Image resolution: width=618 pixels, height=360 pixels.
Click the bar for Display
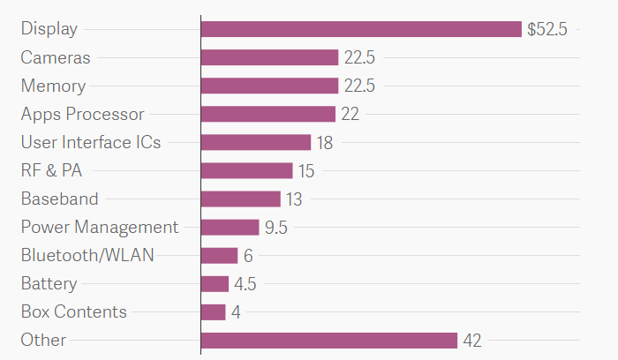click(x=361, y=29)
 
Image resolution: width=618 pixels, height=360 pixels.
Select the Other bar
click(x=328, y=341)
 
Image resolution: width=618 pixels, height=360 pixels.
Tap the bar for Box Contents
click(x=213, y=312)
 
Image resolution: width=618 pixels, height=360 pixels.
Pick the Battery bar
click(x=215, y=284)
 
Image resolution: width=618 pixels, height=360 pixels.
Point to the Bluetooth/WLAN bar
click(x=219, y=256)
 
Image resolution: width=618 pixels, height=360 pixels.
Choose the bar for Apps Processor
click(x=268, y=114)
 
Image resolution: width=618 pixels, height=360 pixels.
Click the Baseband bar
click(x=240, y=199)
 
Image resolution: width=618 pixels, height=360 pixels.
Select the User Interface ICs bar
click(x=255, y=142)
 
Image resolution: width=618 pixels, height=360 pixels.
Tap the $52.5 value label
click(x=546, y=29)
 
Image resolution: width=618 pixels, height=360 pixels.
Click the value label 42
click(x=472, y=341)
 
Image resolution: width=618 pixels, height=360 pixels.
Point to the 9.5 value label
click(x=276, y=228)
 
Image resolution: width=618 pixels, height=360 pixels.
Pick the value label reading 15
click(x=305, y=171)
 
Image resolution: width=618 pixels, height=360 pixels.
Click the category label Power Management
click(x=100, y=228)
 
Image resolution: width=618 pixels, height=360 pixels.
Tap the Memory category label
click(x=53, y=86)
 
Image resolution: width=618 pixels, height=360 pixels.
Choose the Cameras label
click(x=56, y=57)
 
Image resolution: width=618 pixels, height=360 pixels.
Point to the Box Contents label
click(x=74, y=312)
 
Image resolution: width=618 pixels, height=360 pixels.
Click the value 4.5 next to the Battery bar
click(x=245, y=284)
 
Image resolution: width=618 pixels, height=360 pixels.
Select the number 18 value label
click(x=324, y=142)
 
